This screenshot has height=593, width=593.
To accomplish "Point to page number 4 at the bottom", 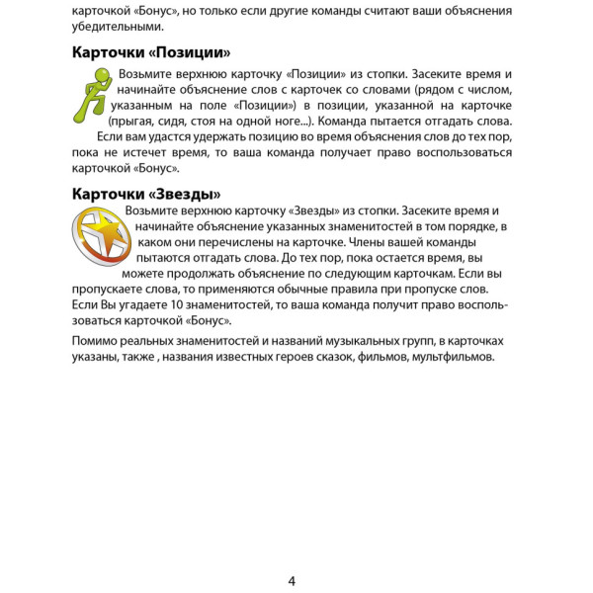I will pyautogui.click(x=292, y=581).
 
